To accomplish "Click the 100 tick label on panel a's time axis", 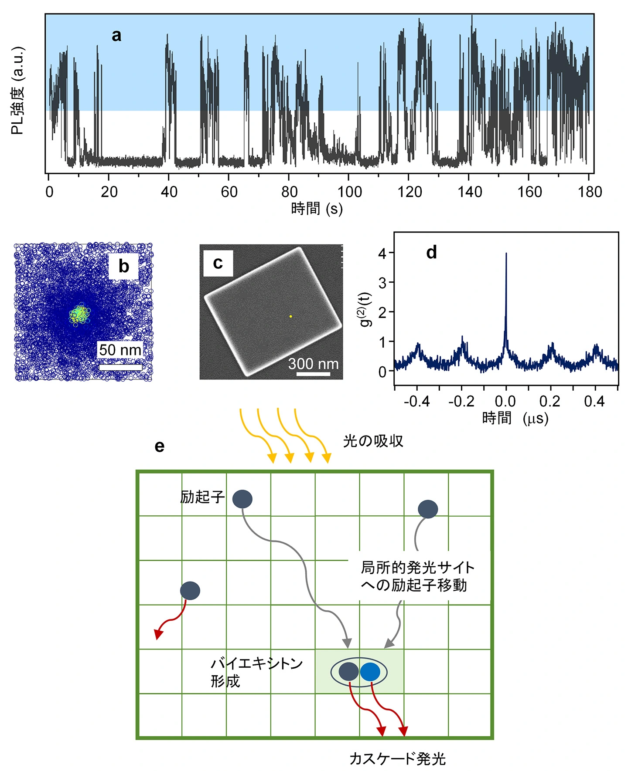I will (x=349, y=192).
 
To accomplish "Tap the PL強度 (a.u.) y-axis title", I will (x=18, y=91).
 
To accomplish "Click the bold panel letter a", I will (x=116, y=36).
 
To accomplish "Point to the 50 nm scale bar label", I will (x=120, y=350).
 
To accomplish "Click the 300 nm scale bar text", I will (x=313, y=364).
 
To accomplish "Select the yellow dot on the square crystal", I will (x=291, y=316).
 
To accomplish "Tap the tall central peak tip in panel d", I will (x=506, y=254).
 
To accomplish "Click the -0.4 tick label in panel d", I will (x=416, y=401).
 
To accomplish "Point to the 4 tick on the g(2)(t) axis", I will (x=382, y=253).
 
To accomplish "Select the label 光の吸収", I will (x=373, y=441).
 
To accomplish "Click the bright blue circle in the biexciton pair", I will (x=370, y=672).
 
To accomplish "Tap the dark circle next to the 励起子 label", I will (x=242, y=499).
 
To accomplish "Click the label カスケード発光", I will (x=397, y=759).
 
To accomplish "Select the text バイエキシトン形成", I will (x=256, y=672).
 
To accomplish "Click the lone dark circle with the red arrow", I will (x=190, y=591).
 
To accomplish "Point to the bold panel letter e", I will (x=160, y=446).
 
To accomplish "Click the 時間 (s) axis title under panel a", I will (x=317, y=209).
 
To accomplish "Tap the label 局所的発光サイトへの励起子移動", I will (x=417, y=576).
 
